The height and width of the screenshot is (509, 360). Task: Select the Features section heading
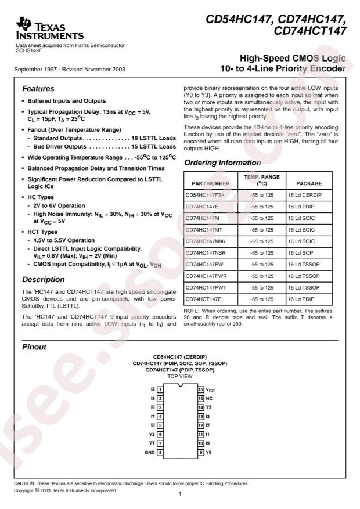(38, 90)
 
